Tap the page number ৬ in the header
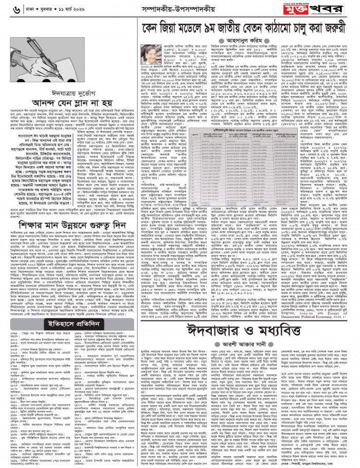(5, 9)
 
